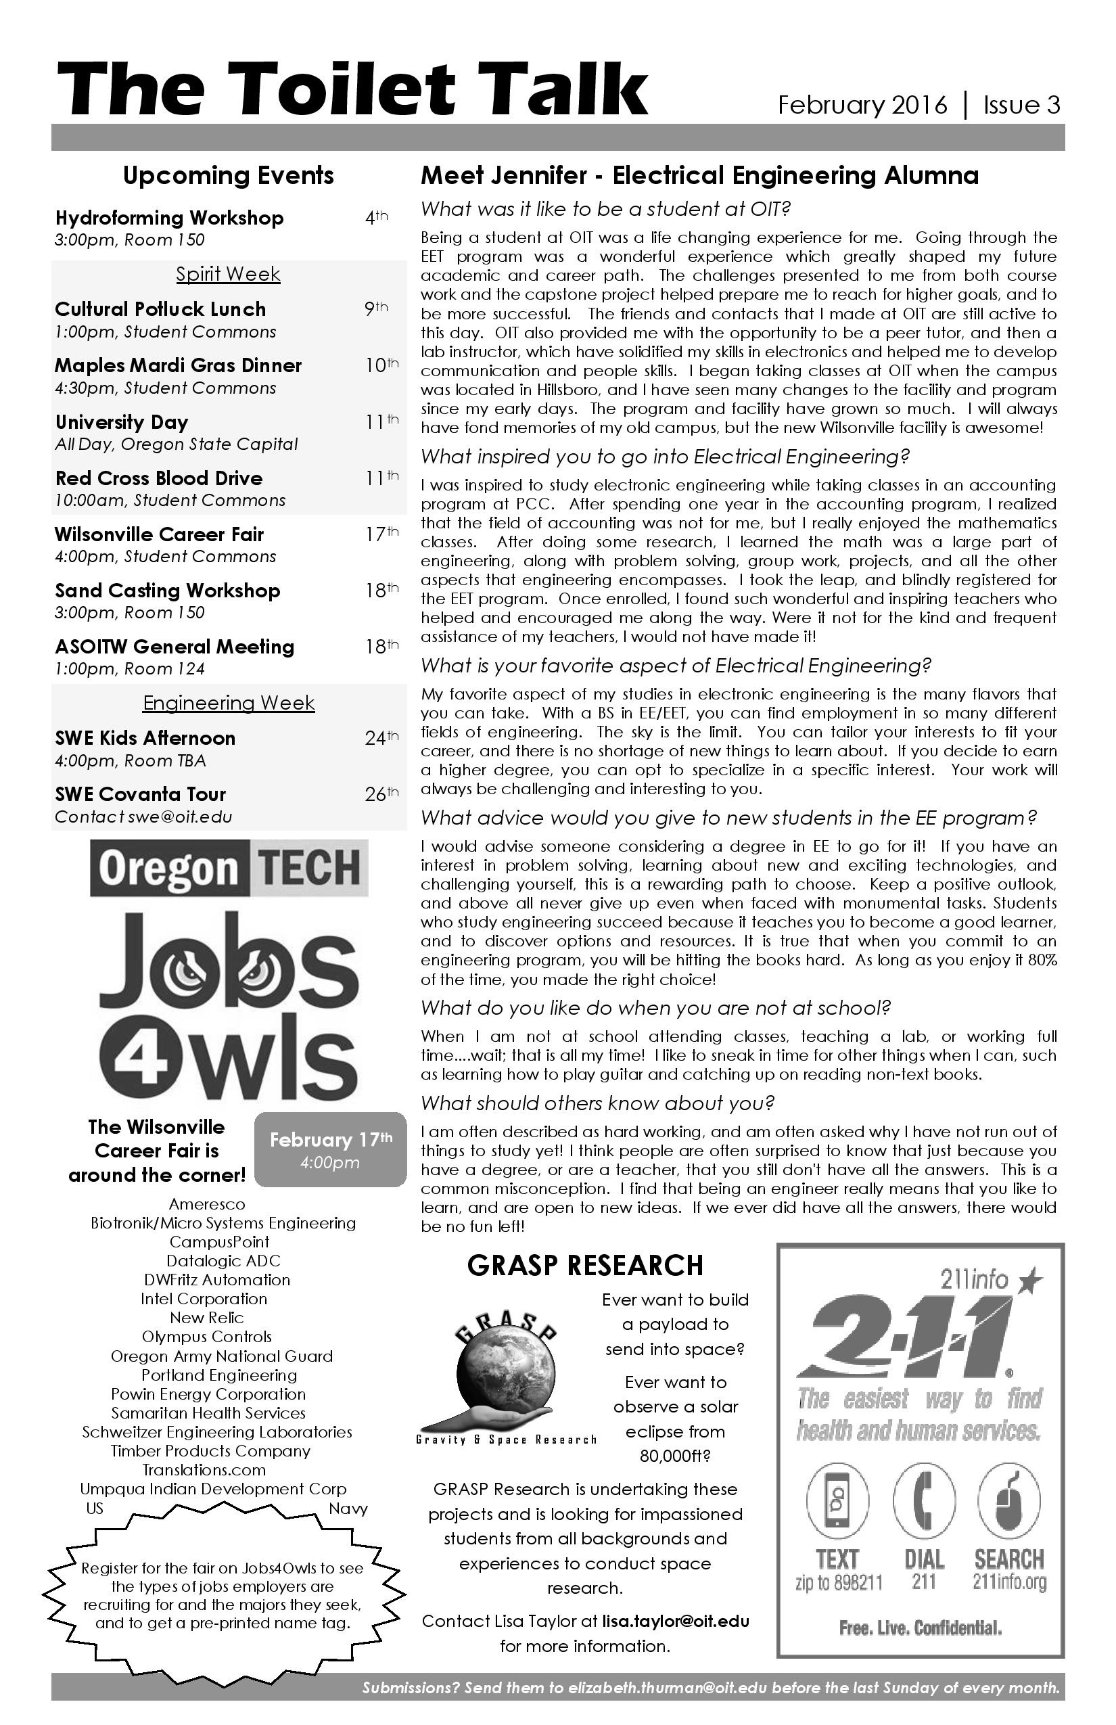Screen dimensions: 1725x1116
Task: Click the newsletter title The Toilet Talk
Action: (x=352, y=91)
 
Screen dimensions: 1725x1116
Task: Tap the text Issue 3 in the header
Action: (x=1021, y=106)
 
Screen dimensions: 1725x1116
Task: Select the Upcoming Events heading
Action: (x=229, y=175)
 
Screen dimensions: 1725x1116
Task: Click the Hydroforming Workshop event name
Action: (x=170, y=218)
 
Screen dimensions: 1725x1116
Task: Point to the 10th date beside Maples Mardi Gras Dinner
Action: (x=381, y=365)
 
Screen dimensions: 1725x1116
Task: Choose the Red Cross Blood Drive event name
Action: (x=159, y=478)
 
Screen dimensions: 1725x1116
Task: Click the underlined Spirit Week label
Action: (x=229, y=274)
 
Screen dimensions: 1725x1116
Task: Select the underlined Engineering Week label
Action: (x=229, y=703)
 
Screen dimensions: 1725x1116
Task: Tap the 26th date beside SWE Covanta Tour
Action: (x=381, y=794)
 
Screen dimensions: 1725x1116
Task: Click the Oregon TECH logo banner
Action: (x=229, y=867)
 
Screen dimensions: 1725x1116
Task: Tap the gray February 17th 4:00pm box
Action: (x=331, y=1149)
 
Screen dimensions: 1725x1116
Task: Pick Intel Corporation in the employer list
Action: (x=204, y=1299)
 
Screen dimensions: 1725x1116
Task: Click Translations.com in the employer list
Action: (x=204, y=1470)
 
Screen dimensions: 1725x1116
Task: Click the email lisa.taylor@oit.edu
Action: (x=676, y=1621)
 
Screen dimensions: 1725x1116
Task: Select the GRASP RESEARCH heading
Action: (x=586, y=1266)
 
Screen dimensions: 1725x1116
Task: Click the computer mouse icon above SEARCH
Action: (x=1008, y=1500)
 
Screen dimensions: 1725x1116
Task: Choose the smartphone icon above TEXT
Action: (x=838, y=1500)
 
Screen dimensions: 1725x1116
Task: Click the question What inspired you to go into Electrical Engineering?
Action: (x=664, y=457)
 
